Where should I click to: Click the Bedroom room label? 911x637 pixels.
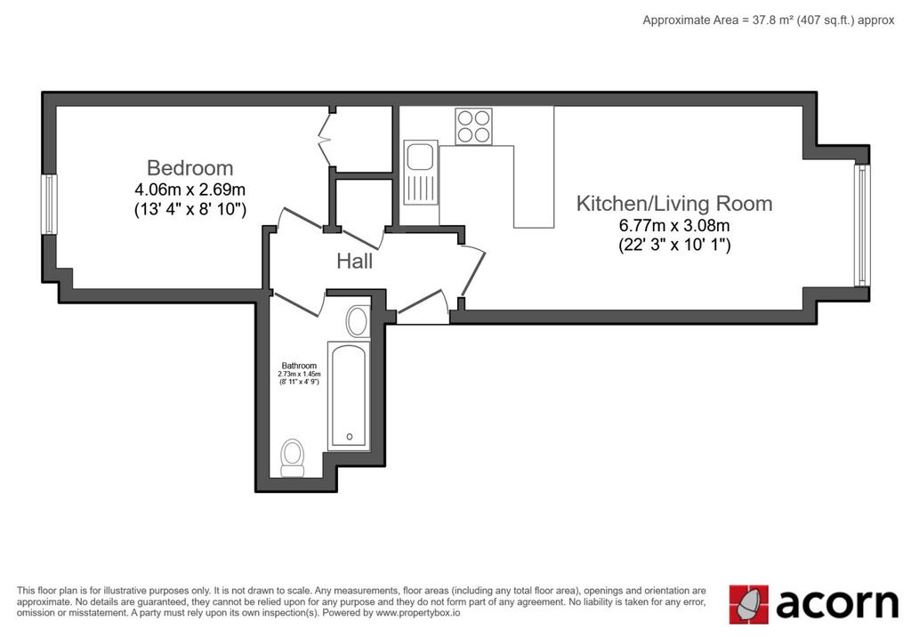click(190, 168)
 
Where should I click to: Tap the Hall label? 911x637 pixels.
click(354, 261)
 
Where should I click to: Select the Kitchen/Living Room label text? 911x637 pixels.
click(674, 204)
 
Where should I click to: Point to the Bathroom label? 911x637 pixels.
click(299, 366)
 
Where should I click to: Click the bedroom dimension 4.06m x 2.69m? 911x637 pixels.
click(190, 189)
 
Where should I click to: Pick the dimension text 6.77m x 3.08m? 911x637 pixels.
click(674, 225)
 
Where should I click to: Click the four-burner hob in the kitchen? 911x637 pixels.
click(473, 126)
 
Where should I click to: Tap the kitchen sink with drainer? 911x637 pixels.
click(421, 173)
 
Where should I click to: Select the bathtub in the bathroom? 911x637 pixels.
click(349, 396)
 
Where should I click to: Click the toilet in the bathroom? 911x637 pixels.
click(292, 458)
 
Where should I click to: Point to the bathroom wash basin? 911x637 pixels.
click(358, 321)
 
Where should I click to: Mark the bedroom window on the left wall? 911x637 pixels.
click(50, 205)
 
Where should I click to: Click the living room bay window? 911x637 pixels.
click(862, 225)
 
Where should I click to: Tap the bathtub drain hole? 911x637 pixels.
click(350, 437)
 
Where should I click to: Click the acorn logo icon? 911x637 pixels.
click(748, 604)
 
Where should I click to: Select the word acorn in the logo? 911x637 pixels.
click(836, 603)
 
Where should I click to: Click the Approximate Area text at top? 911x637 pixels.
click(768, 20)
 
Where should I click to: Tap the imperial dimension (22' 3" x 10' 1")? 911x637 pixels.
click(674, 246)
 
